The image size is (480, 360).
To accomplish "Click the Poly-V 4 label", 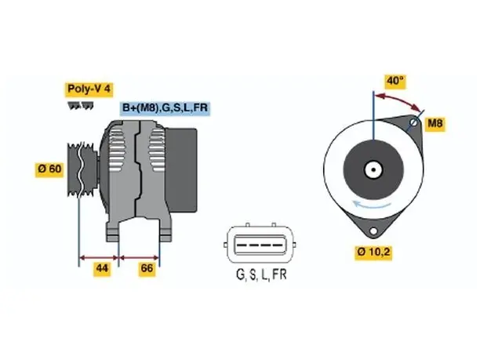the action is (89, 89).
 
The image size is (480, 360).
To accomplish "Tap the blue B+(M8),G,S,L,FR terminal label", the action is (165, 107).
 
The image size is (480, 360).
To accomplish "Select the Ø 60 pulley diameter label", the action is (49, 169).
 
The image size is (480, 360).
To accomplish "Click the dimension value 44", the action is (102, 268).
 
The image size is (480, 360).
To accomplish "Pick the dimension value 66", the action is (147, 268).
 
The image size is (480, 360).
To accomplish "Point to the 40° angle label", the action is (395, 81).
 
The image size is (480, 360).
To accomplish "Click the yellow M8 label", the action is (435, 123).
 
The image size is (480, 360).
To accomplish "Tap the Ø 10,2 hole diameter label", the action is (373, 253).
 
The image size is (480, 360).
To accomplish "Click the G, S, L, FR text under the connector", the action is (261, 275).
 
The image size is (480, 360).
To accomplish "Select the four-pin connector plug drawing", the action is (260, 244).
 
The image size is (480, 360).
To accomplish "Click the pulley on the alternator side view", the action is (82, 169).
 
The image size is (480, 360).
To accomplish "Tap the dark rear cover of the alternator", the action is (181, 170).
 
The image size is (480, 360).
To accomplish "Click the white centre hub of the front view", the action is (373, 169).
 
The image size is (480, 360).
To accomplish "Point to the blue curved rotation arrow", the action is (371, 205).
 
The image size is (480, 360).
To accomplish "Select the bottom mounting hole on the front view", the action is (373, 231).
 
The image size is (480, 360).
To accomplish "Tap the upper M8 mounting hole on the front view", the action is (413, 123).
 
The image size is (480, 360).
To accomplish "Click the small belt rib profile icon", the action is (81, 106).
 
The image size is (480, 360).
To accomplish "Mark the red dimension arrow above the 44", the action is (99, 258).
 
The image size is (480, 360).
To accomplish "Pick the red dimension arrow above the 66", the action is (139, 258).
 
